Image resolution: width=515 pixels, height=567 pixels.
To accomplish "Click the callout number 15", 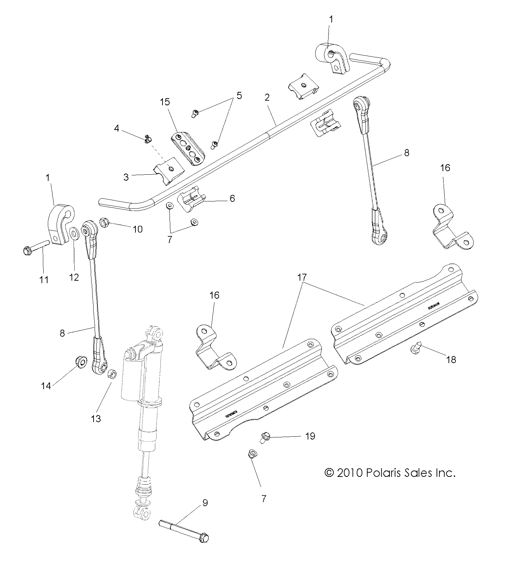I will tap(165, 102).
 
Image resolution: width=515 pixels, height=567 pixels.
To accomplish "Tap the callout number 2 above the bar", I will tap(267, 98).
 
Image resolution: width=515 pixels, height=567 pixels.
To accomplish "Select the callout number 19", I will tap(310, 436).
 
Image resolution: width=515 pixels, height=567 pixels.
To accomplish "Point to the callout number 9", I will tap(205, 503).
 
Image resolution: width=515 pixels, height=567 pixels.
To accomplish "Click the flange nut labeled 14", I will tap(81, 361).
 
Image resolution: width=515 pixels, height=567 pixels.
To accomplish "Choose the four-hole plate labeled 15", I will tap(188, 149).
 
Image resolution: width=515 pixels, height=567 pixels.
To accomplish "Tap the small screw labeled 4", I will tap(148, 140).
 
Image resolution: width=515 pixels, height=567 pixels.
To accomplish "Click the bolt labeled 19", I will tap(265, 437).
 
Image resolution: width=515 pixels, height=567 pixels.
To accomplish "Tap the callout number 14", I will tap(46, 386).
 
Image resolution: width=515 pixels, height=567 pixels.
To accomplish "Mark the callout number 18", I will tap(451, 359).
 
